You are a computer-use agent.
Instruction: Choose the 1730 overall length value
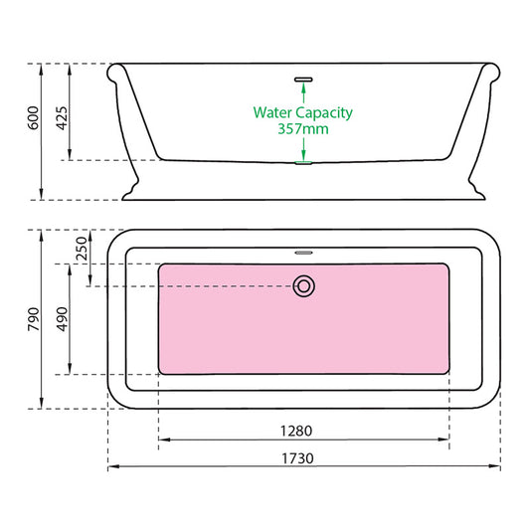coord(304,458)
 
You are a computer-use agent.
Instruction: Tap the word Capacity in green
coord(325,112)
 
